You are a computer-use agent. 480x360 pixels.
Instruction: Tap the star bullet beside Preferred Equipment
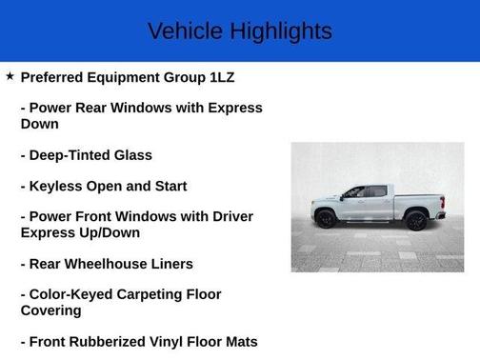(10, 76)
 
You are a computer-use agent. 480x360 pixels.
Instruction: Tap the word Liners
(170, 264)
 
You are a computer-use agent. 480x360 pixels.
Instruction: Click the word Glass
(132, 155)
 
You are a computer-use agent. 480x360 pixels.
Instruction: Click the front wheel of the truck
(326, 219)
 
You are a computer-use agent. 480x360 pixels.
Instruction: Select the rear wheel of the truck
(415, 219)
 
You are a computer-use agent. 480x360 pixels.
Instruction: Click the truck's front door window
(354, 192)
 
